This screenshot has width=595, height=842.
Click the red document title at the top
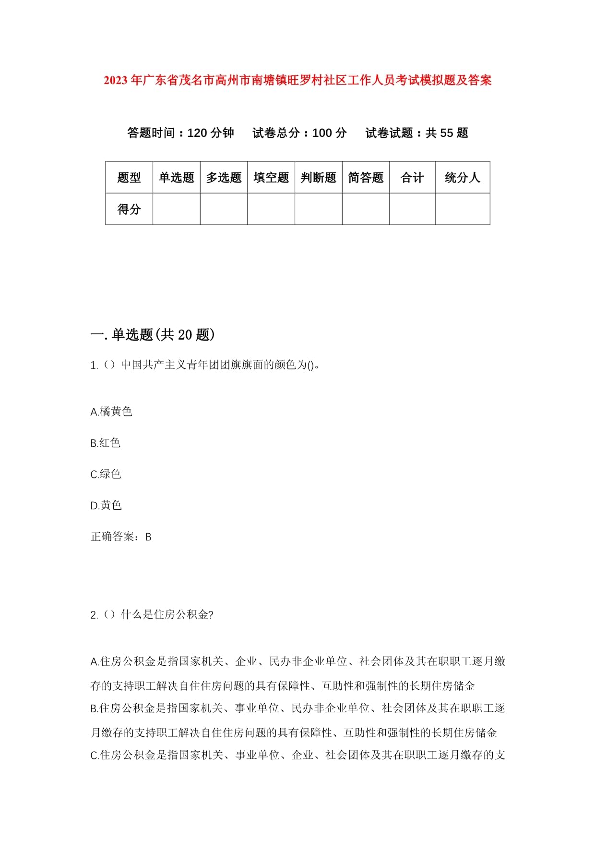point(297,80)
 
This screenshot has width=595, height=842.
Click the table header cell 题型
point(129,178)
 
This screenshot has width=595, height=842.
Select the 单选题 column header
point(176,178)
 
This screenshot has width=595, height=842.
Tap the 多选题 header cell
point(224,178)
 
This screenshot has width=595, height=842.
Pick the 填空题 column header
point(271,178)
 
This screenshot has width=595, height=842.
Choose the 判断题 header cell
point(318,178)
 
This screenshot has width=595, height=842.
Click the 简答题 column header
point(366,178)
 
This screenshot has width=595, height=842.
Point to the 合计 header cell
point(412,178)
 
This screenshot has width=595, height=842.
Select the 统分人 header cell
point(462,178)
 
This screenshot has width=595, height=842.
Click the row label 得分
point(129,209)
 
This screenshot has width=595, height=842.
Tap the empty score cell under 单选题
point(176,209)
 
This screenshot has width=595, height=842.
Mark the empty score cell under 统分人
point(462,209)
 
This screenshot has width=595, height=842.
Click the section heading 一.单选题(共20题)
point(153,335)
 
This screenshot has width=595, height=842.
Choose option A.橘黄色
point(111,412)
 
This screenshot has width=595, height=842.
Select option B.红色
point(106,443)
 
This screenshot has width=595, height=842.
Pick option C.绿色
point(106,474)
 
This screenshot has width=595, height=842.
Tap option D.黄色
point(106,505)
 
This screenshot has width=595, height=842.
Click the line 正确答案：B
point(121,537)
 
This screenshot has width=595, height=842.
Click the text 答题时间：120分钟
point(180,133)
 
